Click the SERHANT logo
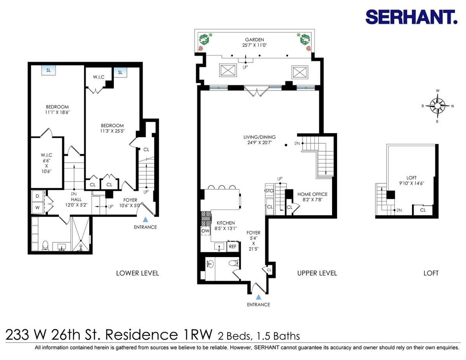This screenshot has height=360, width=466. pos(411,17)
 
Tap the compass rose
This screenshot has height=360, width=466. pos(438,106)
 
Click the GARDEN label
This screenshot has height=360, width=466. pos(254,40)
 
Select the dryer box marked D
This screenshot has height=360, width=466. pos(38,196)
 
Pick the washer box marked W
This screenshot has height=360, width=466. pos(38,207)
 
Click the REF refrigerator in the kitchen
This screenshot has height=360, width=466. pos(233,247)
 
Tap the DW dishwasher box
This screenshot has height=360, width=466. pos(205,231)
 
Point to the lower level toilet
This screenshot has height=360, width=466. pos(45,245)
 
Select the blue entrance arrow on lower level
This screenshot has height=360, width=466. pos(146,219)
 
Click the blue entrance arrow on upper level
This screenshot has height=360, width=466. pos(259,297)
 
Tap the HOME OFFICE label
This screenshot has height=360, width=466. pos(312,194)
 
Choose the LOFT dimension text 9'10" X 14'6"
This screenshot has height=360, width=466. pos(412,183)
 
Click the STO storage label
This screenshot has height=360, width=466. pos(270,191)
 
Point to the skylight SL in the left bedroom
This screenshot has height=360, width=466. pos(49,70)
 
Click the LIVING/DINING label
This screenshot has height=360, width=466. pos(259,137)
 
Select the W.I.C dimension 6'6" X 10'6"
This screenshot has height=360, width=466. pos(46,166)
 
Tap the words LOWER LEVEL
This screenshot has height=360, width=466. pos(137,273)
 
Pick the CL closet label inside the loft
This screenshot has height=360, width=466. pos(423,210)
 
